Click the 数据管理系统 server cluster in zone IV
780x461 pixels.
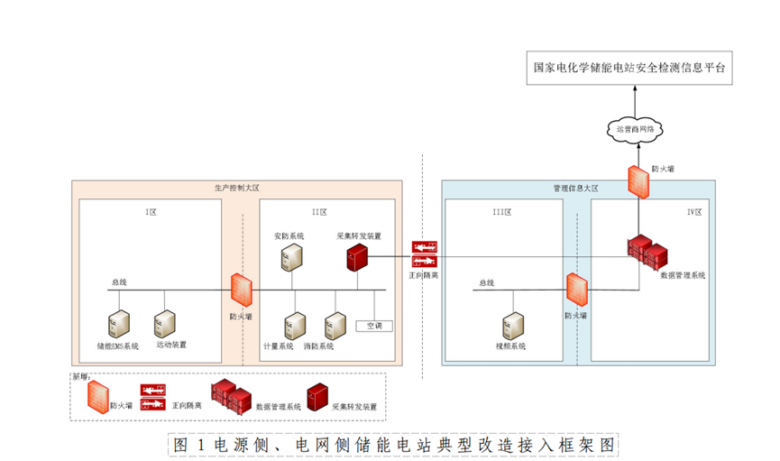click(x=650, y=253)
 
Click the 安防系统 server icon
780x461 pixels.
click(x=293, y=257)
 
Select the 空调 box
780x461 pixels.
click(x=372, y=325)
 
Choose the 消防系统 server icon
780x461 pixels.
click(x=335, y=325)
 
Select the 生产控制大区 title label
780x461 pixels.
click(x=236, y=189)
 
